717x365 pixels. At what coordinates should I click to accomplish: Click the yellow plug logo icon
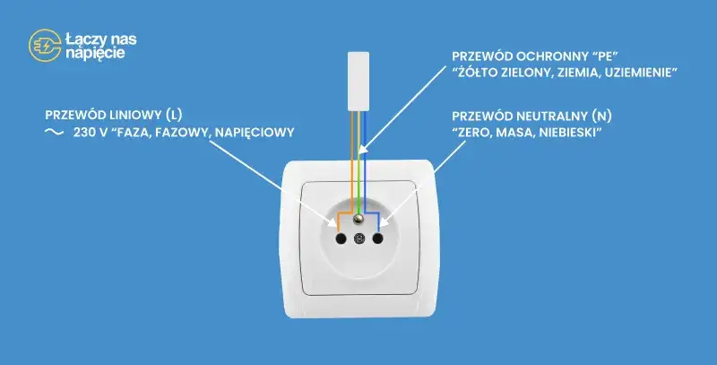44,45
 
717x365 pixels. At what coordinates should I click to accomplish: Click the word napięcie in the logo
95,53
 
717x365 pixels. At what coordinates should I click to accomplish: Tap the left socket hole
341,238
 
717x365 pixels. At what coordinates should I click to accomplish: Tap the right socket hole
377,238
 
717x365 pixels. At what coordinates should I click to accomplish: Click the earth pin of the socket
359,220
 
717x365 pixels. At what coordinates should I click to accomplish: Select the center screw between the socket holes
359,238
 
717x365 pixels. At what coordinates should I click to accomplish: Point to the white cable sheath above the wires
358,82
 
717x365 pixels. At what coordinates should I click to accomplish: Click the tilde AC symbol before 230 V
54,132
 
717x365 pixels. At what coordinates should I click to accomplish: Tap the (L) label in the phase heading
175,115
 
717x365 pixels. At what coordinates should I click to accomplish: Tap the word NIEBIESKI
570,133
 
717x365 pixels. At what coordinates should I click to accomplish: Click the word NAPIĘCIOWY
255,133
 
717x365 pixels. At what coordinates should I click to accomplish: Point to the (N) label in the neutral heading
601,117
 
